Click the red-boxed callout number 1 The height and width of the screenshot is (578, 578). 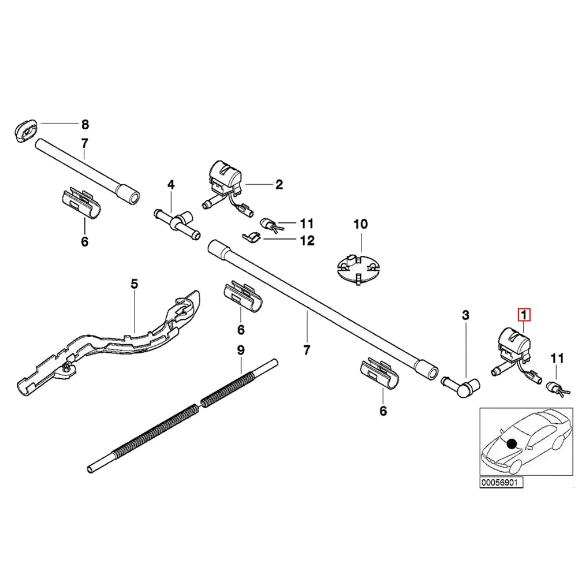[x=524, y=315]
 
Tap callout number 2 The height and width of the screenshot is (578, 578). [x=279, y=185]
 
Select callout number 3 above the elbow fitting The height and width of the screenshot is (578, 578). [x=465, y=315]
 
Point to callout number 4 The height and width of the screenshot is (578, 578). [x=171, y=185]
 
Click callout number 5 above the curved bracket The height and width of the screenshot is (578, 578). [x=134, y=284]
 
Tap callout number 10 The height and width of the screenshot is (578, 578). [x=360, y=223]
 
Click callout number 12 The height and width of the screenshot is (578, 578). [x=307, y=240]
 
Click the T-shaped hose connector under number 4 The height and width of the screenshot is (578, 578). [x=176, y=222]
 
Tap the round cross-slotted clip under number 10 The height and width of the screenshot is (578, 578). [x=358, y=268]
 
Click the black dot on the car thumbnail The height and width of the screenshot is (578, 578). [x=511, y=443]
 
